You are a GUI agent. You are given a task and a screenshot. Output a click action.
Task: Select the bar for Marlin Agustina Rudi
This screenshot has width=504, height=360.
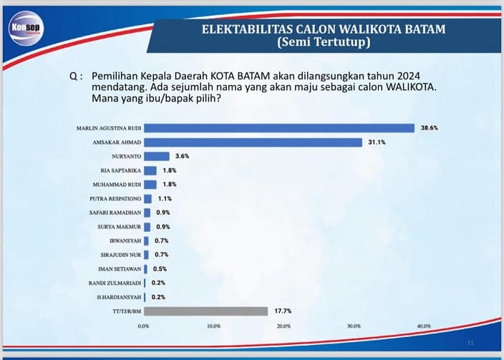coord(279,128)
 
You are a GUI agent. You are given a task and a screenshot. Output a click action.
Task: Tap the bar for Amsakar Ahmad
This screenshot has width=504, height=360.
coord(253,142)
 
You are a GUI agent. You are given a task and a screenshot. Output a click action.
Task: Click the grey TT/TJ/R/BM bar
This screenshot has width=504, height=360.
coord(205,311)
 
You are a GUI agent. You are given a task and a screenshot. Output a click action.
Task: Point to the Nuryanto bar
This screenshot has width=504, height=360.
coord(157,156)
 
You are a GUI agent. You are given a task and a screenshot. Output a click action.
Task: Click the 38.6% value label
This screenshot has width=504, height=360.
coord(430,128)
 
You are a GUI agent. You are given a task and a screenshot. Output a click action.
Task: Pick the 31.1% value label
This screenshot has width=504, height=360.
coord(377,142)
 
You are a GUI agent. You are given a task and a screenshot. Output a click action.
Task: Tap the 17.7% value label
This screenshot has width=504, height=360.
coord(282,311)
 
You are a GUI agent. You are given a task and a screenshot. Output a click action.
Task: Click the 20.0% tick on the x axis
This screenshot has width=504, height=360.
coord(283,326)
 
